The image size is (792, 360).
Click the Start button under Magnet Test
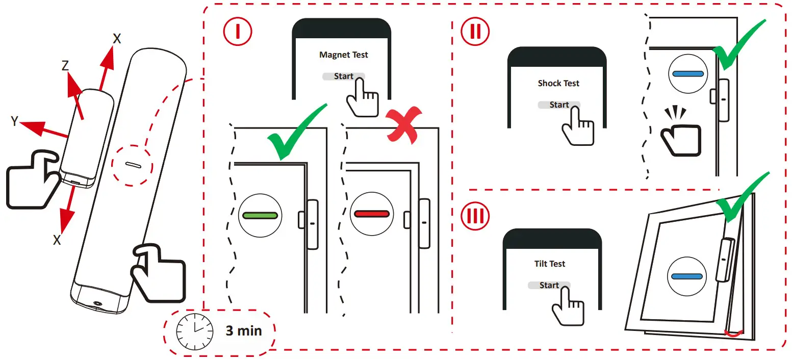point(343,76)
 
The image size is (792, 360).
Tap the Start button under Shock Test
point(559,105)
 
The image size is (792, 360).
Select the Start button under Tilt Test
point(549,286)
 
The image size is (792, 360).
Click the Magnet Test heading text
point(343,55)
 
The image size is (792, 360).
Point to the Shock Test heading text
point(558,83)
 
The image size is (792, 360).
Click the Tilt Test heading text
point(550,264)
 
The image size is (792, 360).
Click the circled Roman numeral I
point(236,31)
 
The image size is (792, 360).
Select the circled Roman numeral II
point(474,31)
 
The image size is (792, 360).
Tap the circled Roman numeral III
point(475,217)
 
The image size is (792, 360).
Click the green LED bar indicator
point(260,215)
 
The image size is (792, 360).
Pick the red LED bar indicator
point(372,214)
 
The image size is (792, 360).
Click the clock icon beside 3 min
point(194,330)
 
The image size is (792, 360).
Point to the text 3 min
point(243,331)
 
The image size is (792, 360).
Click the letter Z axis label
point(65,66)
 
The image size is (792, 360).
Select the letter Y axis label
point(15,121)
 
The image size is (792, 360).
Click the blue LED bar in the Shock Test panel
point(688,74)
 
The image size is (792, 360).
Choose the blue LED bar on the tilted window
point(687,276)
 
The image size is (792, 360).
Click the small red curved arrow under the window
point(733,333)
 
